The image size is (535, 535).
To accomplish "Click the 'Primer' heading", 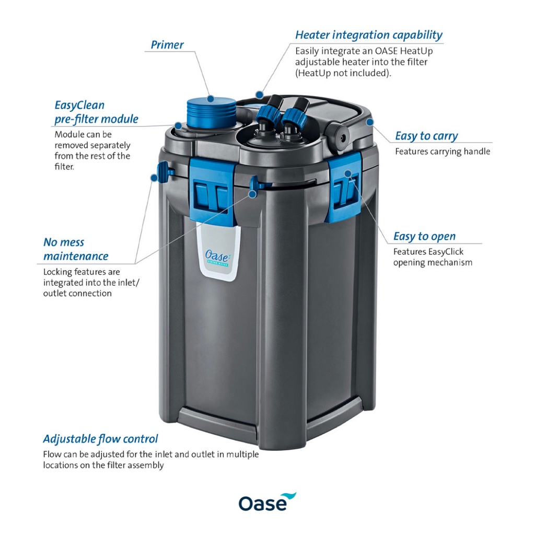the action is pos(167,45).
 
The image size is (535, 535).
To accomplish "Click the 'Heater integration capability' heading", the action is pos(368,36).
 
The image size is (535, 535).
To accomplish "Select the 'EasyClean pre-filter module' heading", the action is pos(96,112).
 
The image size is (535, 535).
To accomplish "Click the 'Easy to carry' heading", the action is pos(426,136).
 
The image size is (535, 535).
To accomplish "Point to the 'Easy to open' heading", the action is pos(424,237).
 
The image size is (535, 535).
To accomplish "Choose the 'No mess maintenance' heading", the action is pos(75,249).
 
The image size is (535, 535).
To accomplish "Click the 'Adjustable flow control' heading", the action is pos(100,439).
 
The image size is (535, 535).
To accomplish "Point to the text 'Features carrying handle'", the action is pos(442,152).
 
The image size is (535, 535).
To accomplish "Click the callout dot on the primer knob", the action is pos(210,98).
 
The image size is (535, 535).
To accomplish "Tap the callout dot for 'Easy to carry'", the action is pos(370,122).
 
